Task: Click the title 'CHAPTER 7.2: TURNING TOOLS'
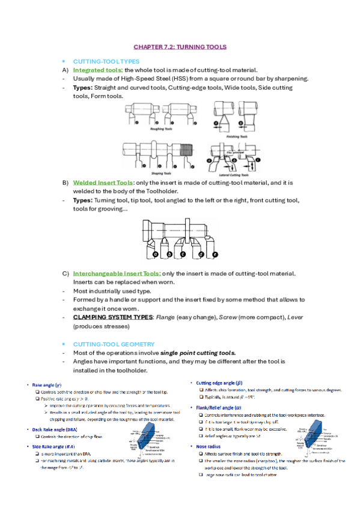180,46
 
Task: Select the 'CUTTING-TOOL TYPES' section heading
106,61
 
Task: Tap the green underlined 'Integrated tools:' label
98,70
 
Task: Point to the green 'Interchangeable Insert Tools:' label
117,274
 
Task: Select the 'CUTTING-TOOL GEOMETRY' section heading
110,344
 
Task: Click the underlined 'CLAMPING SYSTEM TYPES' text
112,317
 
